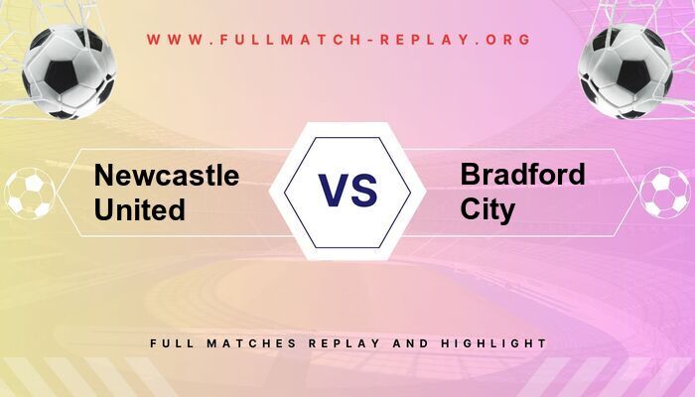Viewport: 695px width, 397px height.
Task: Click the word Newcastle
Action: pos(167,177)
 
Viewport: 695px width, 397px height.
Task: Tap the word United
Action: pos(140,209)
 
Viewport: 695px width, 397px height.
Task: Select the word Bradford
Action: pos(522,176)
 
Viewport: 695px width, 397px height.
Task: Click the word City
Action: pos(487,209)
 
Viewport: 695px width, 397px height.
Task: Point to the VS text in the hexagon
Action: pos(347,190)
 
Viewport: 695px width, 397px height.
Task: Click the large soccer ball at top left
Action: pos(69,71)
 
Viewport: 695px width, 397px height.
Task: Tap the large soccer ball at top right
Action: pos(625,71)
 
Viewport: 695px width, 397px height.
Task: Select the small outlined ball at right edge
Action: pos(664,193)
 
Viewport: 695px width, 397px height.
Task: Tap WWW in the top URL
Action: pos(172,41)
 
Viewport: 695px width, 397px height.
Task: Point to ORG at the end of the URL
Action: pos(509,41)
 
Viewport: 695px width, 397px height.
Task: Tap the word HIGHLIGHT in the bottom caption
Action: pos(499,342)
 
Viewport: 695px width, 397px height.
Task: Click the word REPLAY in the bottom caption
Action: pos(347,342)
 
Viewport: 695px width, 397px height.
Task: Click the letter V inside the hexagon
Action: pos(333,190)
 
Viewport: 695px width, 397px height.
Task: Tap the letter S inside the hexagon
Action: pos(364,190)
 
